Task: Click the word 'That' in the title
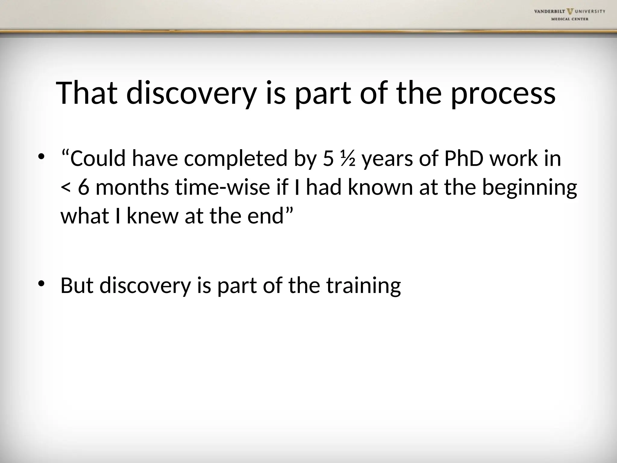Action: click(87, 93)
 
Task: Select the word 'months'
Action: click(132, 187)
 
